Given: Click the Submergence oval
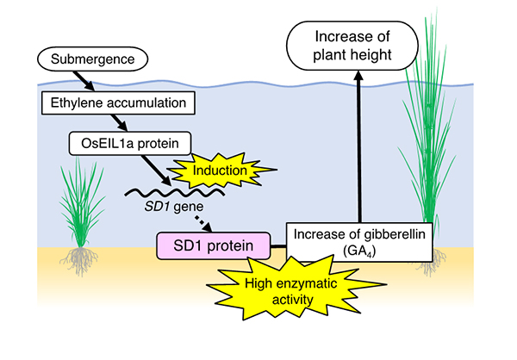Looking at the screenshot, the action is (x=93, y=59).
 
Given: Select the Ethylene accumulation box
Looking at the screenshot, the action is (x=118, y=102).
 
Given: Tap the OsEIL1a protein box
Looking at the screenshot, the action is (x=130, y=144).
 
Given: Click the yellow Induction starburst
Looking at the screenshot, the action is (x=221, y=171).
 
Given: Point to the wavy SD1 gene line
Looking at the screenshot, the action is (x=175, y=192).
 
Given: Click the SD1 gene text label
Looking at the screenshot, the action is (x=174, y=207).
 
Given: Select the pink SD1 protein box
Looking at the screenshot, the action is (x=214, y=246).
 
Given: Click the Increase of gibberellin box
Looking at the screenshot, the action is (x=359, y=242).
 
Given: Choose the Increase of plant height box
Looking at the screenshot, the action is (x=352, y=46).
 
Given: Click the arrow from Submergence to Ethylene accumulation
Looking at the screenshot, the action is (x=84, y=81).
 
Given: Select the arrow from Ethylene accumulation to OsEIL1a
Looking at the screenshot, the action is (x=119, y=123).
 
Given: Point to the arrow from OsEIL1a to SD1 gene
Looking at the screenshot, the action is (x=156, y=171).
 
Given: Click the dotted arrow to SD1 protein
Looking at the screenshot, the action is (x=203, y=224).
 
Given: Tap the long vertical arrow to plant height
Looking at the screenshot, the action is (x=358, y=146).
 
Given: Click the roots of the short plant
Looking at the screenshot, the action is (x=79, y=260).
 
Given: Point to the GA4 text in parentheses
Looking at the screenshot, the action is (x=359, y=251).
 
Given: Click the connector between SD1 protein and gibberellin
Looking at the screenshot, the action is (x=278, y=246).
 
